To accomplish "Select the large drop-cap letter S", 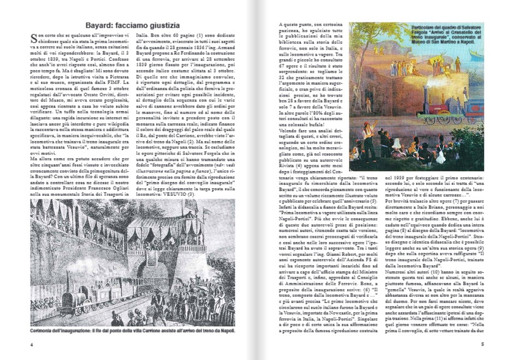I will (33, 38).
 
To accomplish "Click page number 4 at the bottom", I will (32, 344).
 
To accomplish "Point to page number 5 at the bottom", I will (482, 344).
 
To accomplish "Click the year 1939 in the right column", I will (393, 178).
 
